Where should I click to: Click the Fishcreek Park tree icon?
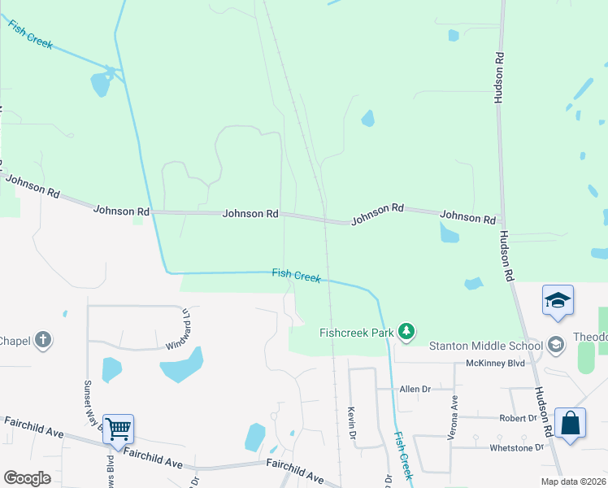(406, 332)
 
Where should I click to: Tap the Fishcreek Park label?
(356, 332)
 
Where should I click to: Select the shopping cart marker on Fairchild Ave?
(119, 429)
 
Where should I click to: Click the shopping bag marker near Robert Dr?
(570, 424)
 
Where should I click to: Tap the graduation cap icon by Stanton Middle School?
(556, 345)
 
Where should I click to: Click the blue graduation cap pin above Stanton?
(558, 300)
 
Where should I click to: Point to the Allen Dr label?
(415, 390)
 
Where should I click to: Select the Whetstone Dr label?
(516, 447)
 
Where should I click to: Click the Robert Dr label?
(518, 418)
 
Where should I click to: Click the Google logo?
(28, 478)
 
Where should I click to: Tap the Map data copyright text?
(572, 481)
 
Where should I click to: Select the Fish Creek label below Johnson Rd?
(296, 276)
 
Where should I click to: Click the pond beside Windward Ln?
(181, 365)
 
